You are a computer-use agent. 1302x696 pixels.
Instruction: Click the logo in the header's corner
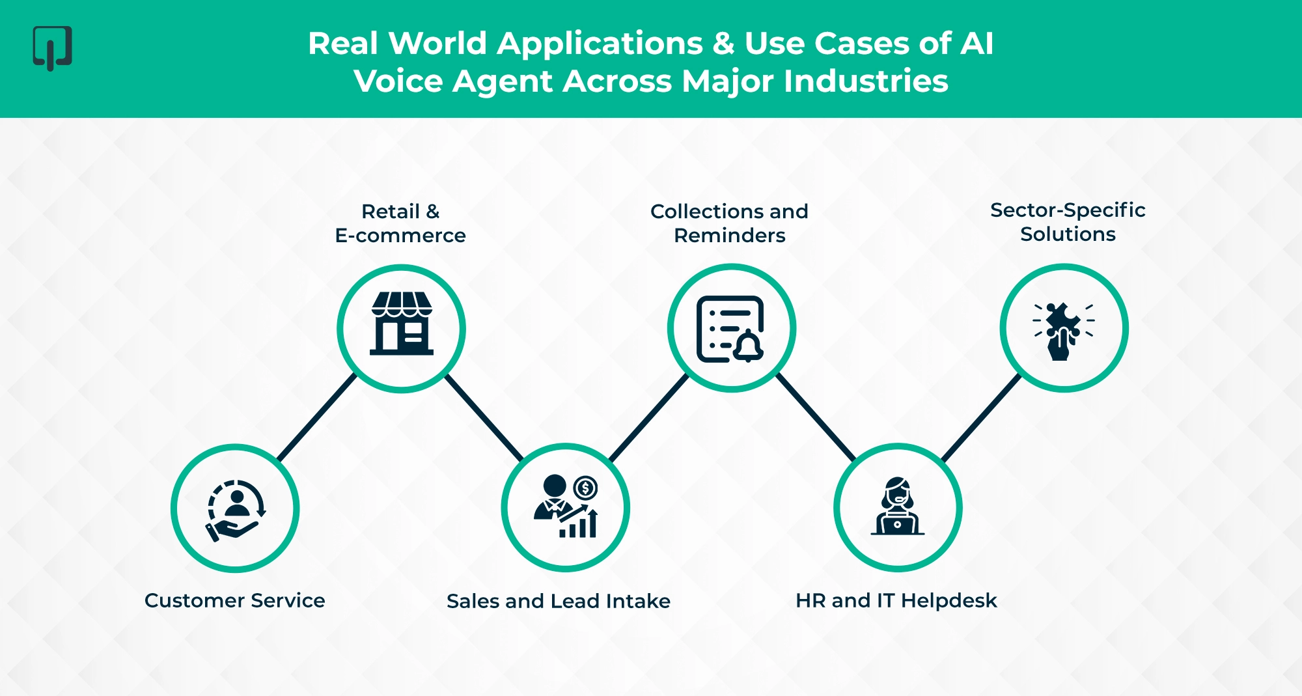coord(52,48)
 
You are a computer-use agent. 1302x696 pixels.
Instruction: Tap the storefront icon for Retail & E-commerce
coord(402,324)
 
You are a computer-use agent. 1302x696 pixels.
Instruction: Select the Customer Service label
coord(234,600)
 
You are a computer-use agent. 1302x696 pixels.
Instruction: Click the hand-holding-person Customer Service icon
coord(235,510)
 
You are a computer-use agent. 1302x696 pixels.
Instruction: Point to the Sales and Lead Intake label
coord(559,601)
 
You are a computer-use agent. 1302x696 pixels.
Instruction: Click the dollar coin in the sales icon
coord(586,488)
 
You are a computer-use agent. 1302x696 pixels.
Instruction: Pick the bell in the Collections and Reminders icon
coord(749,346)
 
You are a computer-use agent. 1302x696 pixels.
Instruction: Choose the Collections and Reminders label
coord(729,223)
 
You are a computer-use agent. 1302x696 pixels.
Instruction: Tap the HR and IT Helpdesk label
coord(896,600)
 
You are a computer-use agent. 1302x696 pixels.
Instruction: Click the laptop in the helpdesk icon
coord(898,523)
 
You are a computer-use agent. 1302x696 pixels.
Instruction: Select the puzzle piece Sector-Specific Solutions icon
coord(1064,329)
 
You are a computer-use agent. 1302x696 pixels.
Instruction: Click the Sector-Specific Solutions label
coord(1068,222)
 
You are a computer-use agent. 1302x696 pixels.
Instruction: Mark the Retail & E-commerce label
coord(400,223)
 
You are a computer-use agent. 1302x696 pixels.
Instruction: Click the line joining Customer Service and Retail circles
coord(317,417)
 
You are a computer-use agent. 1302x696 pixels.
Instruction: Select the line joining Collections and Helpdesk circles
coord(816,417)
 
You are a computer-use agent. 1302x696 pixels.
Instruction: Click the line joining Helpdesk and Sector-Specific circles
coord(982,417)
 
